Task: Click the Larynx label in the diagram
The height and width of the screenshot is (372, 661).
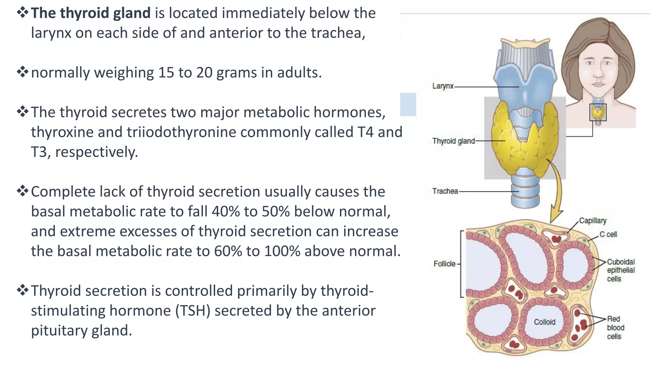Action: (443, 86)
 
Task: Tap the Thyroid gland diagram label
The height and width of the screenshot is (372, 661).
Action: (453, 141)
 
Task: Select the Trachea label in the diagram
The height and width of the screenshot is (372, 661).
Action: (445, 191)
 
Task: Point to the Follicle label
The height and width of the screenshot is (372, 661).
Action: (444, 264)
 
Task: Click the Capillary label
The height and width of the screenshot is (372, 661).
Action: (593, 221)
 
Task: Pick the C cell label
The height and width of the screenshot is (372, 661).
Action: (608, 234)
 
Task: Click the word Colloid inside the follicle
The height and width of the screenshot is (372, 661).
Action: (544, 322)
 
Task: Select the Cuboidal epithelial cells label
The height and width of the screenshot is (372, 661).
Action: (621, 270)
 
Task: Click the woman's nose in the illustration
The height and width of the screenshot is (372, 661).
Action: (598, 75)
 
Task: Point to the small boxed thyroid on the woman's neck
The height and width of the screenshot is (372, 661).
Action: (598, 112)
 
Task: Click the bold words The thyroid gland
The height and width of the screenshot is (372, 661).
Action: (91, 13)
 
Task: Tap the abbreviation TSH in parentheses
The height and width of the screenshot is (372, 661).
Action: (193, 311)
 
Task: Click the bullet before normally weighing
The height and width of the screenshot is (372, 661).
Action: (23, 72)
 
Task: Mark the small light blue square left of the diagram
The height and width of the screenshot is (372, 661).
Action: (408, 104)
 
